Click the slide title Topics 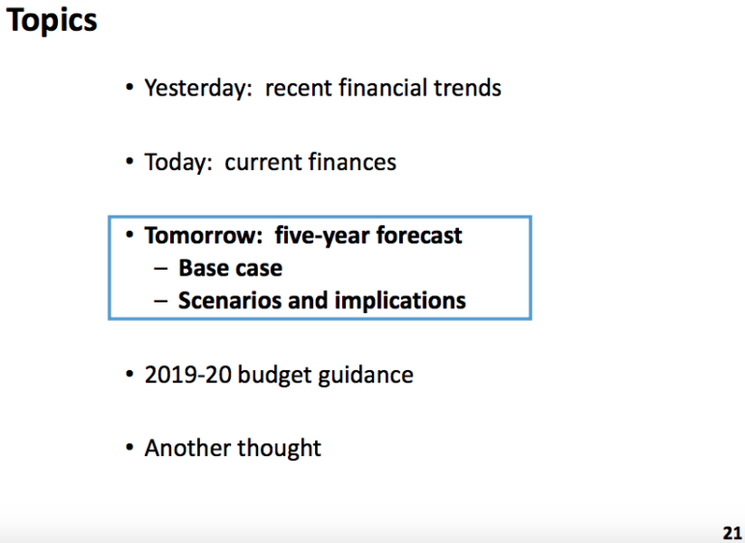point(51,21)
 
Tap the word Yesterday point(198,88)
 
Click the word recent point(299,89)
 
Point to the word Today point(178,162)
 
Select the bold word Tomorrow point(203,236)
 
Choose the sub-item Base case point(230,268)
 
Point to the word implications point(401,301)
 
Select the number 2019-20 point(187,375)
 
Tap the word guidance point(365,376)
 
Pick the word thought point(279,448)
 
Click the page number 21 point(732,532)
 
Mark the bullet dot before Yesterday point(129,88)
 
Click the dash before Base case point(161,269)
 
